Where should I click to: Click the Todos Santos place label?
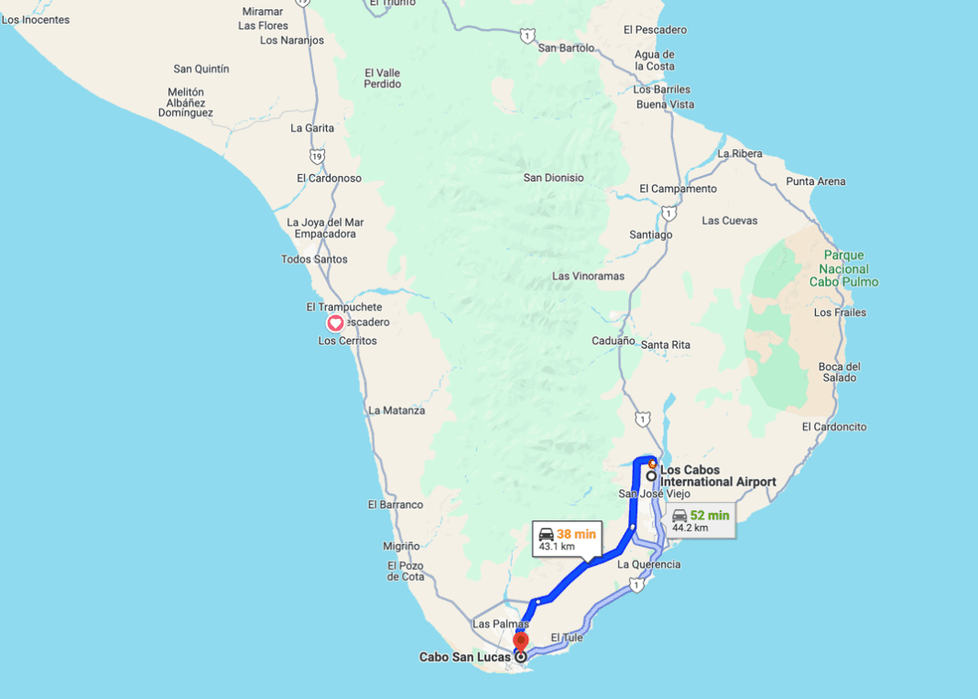click(x=314, y=259)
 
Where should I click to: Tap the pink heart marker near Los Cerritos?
click(x=335, y=322)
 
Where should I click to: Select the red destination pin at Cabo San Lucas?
click(x=521, y=642)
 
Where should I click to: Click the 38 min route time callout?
click(x=567, y=539)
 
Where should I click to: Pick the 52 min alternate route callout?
click(x=701, y=520)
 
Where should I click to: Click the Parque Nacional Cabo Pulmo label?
click(x=843, y=268)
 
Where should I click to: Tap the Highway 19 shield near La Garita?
click(x=317, y=157)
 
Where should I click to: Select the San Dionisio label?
click(x=553, y=178)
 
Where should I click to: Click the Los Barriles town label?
click(x=662, y=90)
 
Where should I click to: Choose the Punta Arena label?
click(x=816, y=181)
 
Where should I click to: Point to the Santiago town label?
click(x=650, y=235)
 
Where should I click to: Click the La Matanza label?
click(x=397, y=410)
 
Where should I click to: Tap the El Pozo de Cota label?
click(x=406, y=571)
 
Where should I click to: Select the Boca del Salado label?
click(x=838, y=372)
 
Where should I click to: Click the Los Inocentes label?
click(x=36, y=19)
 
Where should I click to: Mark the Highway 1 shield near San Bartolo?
click(x=527, y=36)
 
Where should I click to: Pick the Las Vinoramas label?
click(x=588, y=276)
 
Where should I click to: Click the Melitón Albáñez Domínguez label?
click(x=186, y=103)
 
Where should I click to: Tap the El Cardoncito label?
click(x=833, y=427)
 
